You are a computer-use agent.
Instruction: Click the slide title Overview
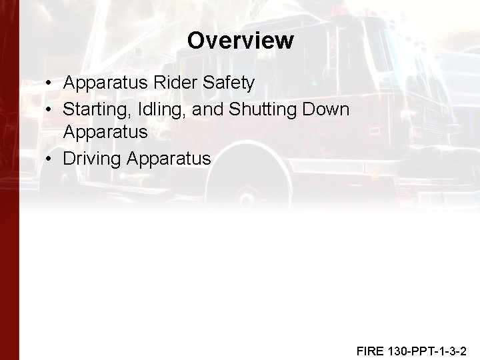click(240, 41)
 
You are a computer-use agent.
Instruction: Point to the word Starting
click(94, 109)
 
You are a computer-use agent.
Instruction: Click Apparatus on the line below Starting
click(105, 133)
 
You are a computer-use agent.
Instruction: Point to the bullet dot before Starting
click(51, 109)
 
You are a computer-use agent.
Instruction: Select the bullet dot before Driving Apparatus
click(51, 159)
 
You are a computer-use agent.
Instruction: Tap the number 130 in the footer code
click(399, 351)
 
